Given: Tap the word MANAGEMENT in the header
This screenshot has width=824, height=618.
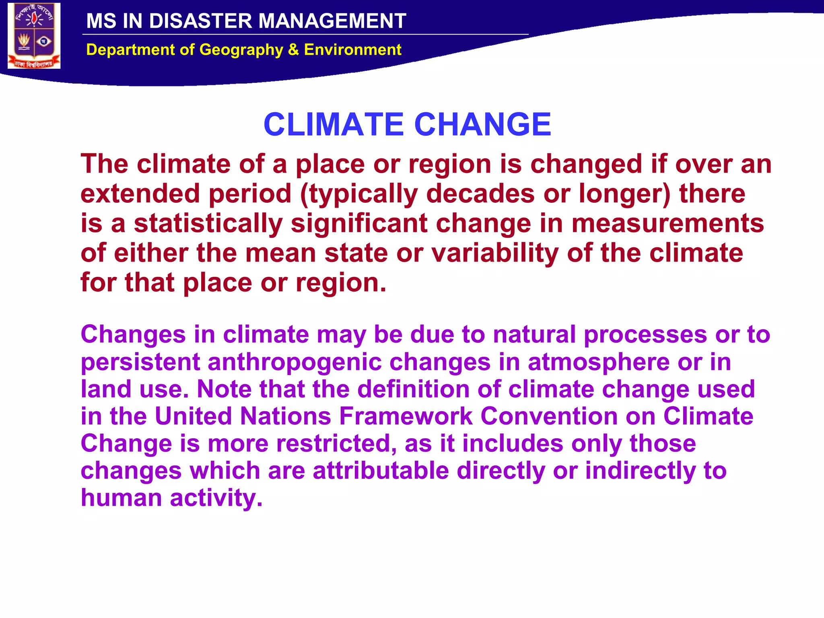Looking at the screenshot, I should point(332,21).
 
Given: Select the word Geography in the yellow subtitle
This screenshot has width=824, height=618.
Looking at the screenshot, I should point(241,50).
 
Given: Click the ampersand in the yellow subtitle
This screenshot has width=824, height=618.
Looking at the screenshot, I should point(293,50).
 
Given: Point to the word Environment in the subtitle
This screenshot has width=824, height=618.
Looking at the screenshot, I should point(352,50).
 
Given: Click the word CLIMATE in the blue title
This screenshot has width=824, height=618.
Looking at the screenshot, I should point(334,124).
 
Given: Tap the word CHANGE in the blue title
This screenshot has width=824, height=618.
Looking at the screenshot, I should point(482,124).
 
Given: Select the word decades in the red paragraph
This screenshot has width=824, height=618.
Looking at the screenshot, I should point(480,194).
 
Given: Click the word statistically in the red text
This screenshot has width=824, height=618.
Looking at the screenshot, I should point(208,224).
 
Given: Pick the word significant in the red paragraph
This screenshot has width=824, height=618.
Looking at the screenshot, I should point(359,224).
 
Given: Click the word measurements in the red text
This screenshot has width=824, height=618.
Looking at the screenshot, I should point(667,224).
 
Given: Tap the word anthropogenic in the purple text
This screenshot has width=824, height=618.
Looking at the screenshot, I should point(295,362).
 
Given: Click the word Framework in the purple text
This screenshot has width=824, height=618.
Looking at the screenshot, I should point(406,416).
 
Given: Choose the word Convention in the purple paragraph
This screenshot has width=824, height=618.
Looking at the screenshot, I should point(549,416).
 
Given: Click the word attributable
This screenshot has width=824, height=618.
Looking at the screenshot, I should point(381,471).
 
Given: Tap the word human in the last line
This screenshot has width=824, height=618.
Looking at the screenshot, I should point(121,498).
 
